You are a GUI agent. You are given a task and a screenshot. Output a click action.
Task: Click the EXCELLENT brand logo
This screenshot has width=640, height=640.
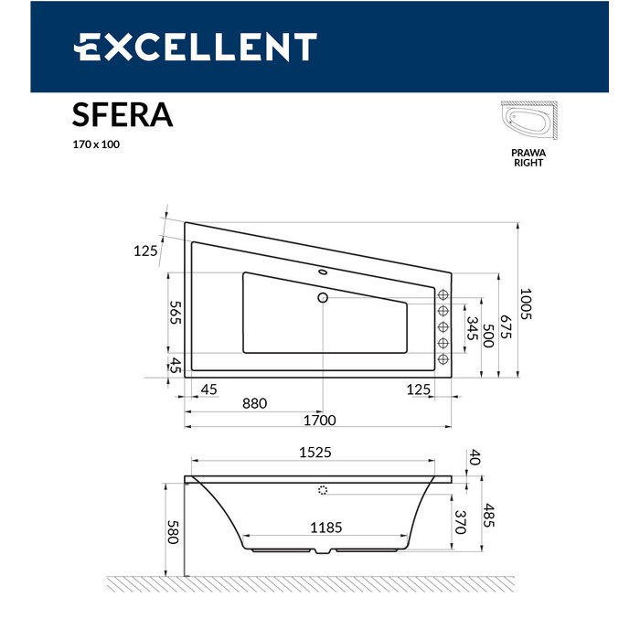click(195, 47)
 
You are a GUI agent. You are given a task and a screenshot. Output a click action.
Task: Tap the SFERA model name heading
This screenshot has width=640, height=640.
click(123, 115)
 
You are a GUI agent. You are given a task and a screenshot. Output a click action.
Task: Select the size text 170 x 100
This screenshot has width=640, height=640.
click(96, 144)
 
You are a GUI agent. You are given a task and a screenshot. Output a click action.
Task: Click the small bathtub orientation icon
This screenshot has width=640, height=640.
click(529, 121)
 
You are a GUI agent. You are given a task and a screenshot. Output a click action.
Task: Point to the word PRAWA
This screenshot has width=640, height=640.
click(528, 153)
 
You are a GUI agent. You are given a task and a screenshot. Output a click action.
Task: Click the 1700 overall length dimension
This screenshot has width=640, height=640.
click(320, 420)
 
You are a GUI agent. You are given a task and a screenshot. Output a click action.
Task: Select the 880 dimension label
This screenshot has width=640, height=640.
click(255, 403)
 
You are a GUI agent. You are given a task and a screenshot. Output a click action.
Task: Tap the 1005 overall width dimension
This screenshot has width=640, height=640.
click(526, 304)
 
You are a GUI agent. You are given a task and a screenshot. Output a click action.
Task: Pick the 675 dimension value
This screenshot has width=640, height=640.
click(506, 326)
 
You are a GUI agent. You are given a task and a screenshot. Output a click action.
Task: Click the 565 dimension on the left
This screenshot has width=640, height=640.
click(176, 313)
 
